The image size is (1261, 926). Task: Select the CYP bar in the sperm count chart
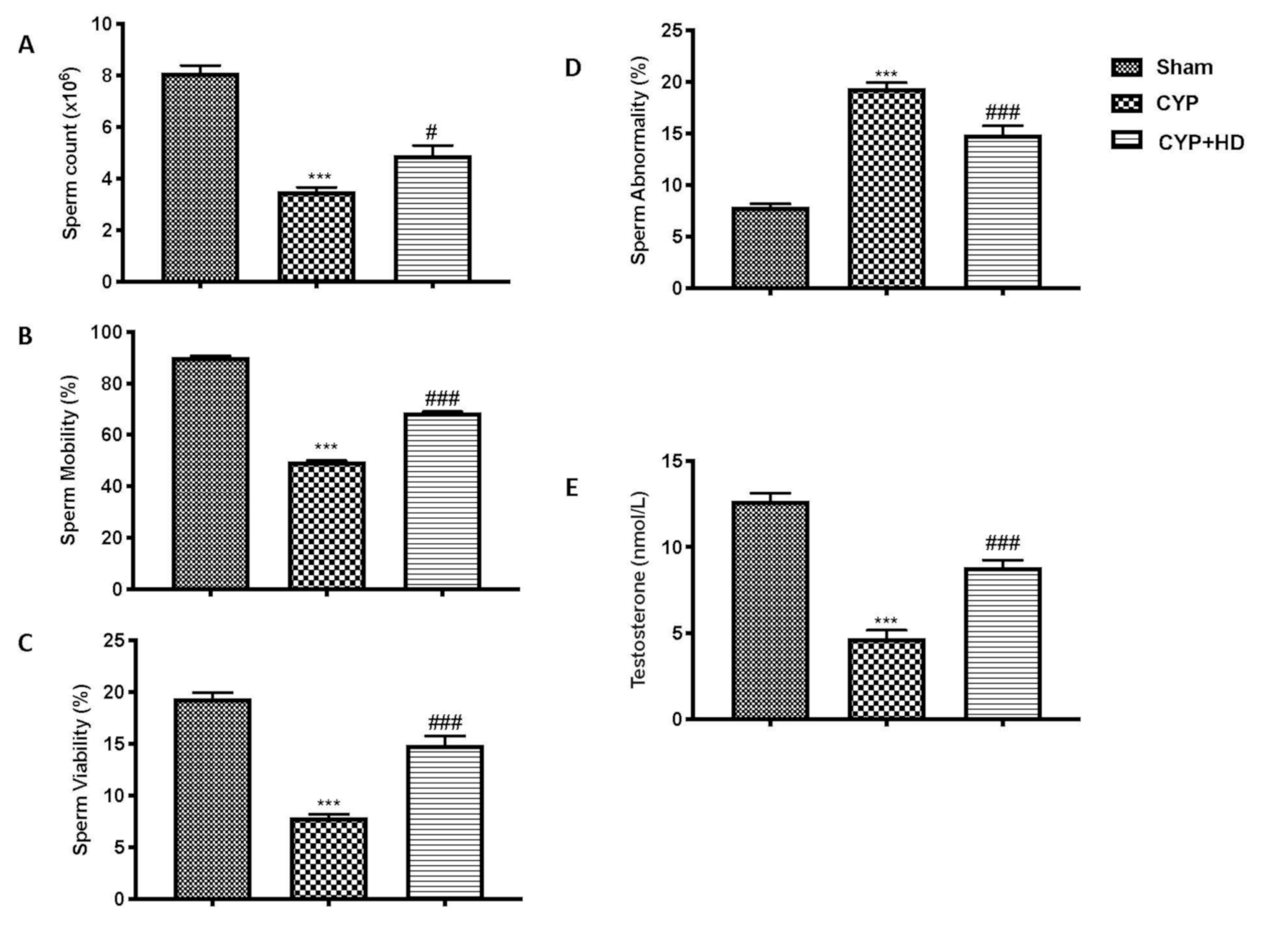[x=316, y=236]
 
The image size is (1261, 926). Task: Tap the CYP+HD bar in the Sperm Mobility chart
[x=443, y=501]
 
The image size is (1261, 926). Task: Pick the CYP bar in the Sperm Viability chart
[x=329, y=858]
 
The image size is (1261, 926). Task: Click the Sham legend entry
[x=1184, y=67]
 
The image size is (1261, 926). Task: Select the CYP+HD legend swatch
[x=1127, y=140]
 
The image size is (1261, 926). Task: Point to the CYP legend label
[x=1177, y=104]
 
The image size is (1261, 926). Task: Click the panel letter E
[x=571, y=488]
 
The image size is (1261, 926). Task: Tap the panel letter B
[x=25, y=337]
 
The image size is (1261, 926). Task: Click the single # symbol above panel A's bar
[x=431, y=132]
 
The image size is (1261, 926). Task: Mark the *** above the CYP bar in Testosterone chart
[x=886, y=621]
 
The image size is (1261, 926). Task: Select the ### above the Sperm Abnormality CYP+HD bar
[x=1003, y=112]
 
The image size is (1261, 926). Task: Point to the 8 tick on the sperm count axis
[x=107, y=76]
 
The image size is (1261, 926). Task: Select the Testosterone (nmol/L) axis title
[x=638, y=590]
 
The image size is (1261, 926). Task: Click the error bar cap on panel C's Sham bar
[x=212, y=692]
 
